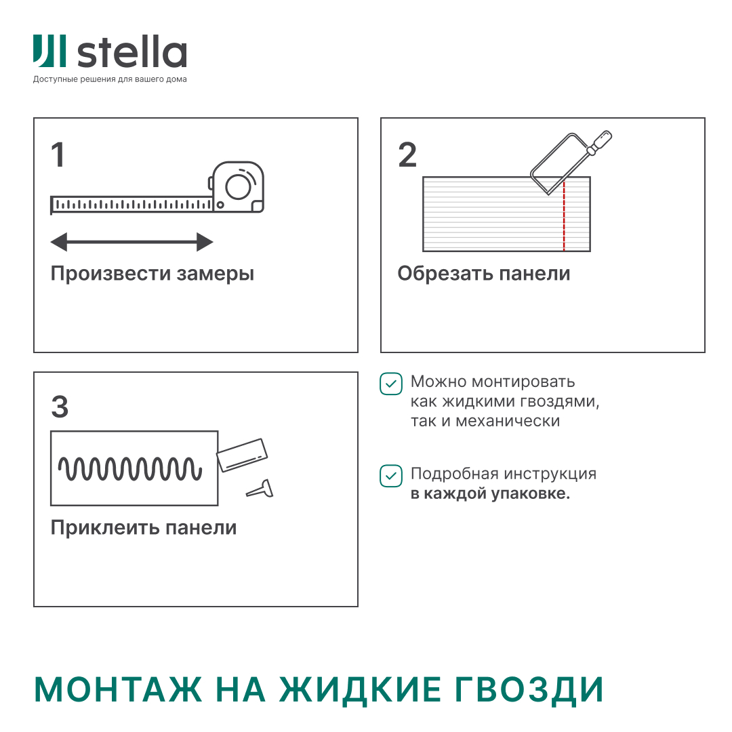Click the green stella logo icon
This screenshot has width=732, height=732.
[x=49, y=52]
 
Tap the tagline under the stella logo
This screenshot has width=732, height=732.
[x=110, y=79]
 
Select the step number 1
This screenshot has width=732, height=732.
[x=58, y=155]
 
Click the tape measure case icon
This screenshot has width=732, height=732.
[x=237, y=186]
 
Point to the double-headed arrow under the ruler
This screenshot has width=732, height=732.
[x=132, y=242]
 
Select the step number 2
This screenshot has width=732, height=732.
[x=407, y=155]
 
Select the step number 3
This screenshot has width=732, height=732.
[x=60, y=407]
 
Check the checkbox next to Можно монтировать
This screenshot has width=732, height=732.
[x=390, y=384]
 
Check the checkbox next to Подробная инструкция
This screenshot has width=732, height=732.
[x=390, y=476]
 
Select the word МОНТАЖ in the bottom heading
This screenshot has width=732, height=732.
[x=118, y=690]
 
